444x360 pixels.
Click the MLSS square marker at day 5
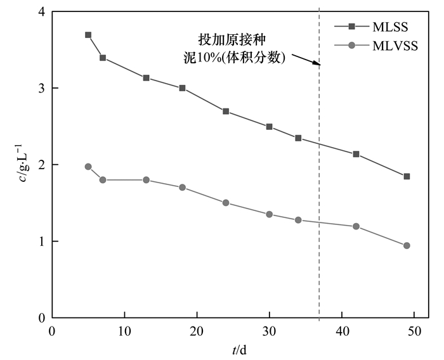88,35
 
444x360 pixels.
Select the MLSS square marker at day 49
407,176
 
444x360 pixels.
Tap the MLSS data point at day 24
226,111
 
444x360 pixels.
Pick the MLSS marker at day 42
356,154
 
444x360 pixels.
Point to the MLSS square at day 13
146,78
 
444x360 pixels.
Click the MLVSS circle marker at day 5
88,167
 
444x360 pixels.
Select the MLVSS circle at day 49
407,245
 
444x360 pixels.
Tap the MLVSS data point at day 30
269,214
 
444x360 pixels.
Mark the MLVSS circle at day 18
182,187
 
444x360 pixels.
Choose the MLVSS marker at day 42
356,226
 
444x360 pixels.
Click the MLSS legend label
390,27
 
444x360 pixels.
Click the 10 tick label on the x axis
124,331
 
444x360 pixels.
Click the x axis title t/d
240,349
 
